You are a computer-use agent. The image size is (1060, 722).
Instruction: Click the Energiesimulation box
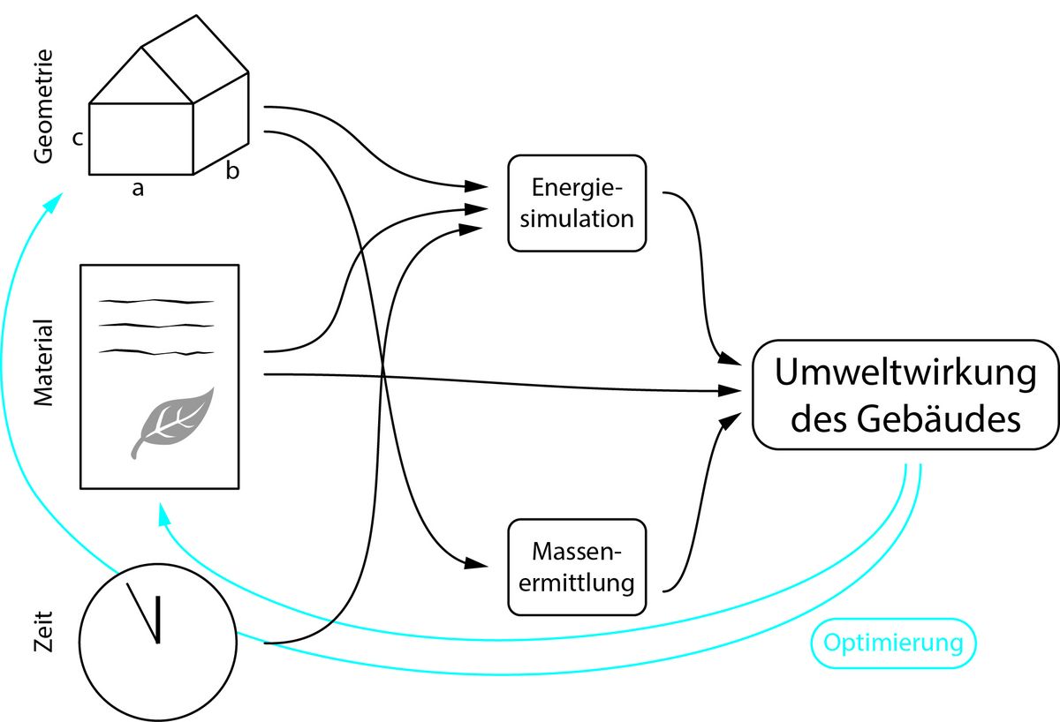[578, 203]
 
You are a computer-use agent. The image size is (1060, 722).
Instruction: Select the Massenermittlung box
[578, 567]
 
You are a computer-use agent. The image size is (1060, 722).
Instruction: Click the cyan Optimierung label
[893, 643]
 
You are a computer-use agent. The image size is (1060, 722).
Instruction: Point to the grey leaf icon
[173, 422]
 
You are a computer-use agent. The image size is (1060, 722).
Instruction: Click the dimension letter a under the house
[138, 189]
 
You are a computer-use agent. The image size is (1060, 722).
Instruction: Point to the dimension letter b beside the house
[231, 171]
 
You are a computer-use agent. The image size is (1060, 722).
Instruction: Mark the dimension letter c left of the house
[78, 139]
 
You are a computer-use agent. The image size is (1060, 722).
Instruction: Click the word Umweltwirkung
[905, 372]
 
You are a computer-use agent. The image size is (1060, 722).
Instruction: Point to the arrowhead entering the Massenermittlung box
[477, 564]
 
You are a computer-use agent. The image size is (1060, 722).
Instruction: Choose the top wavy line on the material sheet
[157, 302]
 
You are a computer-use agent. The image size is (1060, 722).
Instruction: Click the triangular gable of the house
[141, 79]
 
